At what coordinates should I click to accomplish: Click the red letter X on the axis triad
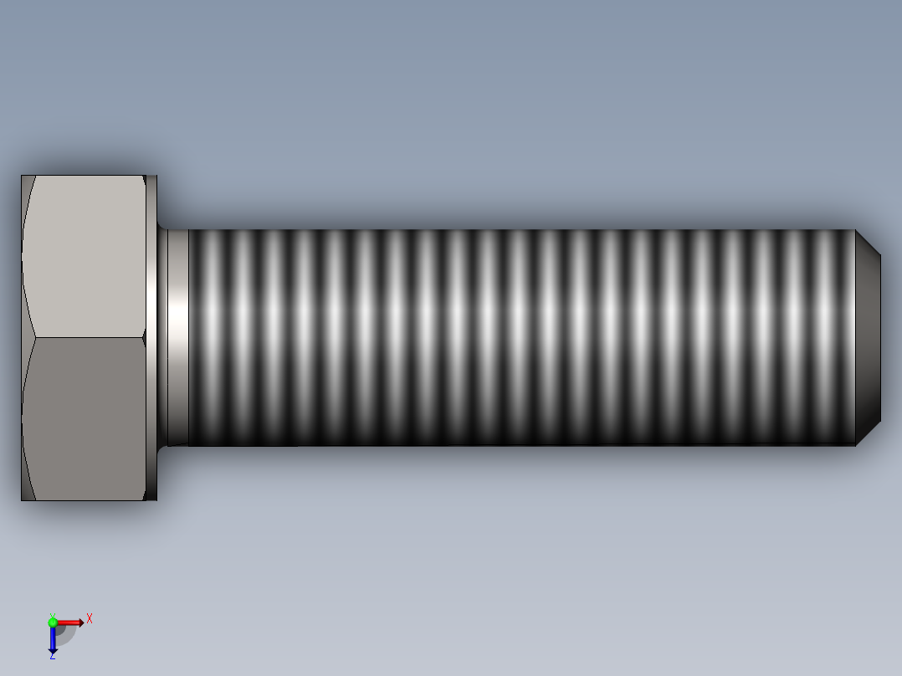tap(90, 619)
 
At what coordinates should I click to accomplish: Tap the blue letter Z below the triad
tap(52, 656)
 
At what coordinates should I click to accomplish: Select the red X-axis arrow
tap(70, 622)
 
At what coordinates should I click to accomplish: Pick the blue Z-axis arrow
tap(53, 639)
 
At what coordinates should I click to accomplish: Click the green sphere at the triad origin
tap(53, 622)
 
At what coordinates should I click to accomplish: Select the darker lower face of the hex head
tap(84, 418)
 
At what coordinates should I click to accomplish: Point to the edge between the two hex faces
tap(84, 338)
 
